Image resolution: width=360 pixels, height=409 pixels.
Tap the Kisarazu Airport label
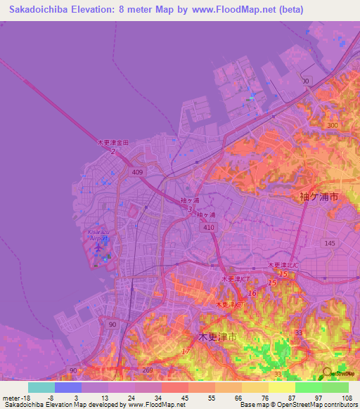click(98, 235)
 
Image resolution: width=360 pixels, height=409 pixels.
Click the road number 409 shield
click(136, 171)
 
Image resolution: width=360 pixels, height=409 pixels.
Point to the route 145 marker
click(329, 242)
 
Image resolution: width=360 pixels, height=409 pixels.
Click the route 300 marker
click(331, 125)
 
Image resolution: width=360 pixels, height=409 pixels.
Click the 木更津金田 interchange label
click(112, 143)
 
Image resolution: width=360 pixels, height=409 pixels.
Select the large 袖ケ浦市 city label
click(319, 197)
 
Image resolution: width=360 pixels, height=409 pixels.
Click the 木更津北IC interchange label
click(282, 265)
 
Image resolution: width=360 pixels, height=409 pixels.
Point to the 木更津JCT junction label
click(236, 279)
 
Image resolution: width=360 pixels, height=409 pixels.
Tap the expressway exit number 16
click(252, 293)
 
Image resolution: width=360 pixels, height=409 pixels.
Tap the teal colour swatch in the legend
click(41, 387)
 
